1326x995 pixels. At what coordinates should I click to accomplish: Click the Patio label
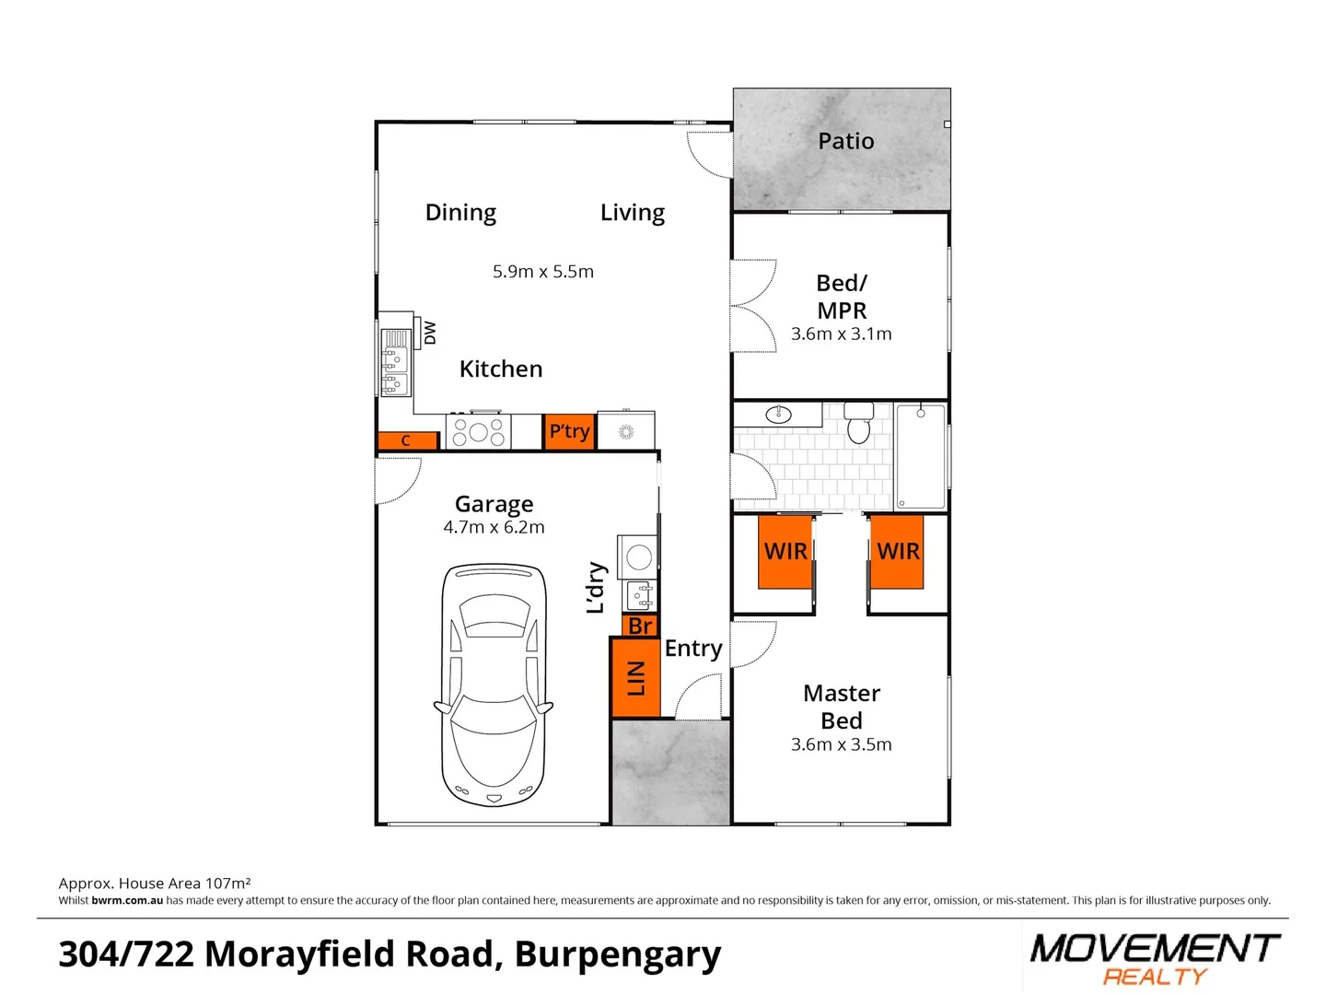tap(845, 141)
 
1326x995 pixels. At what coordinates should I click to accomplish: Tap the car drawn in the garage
tap(494, 686)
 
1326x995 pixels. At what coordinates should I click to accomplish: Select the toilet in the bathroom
tap(858, 423)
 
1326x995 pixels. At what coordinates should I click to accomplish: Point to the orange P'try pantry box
tap(569, 431)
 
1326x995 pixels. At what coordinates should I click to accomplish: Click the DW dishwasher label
tap(429, 333)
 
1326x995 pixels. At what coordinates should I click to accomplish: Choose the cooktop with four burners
tap(478, 431)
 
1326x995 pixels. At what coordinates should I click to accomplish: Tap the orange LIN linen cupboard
tap(635, 677)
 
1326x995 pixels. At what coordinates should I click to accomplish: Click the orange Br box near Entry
tap(641, 626)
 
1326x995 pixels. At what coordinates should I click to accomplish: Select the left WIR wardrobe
tap(785, 551)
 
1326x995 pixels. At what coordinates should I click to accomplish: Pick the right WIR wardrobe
tap(898, 551)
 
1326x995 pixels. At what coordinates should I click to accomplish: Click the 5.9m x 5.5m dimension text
tap(543, 272)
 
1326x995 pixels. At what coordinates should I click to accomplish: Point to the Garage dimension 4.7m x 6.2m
tap(494, 528)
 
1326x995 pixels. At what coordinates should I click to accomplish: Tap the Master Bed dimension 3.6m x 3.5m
tap(841, 744)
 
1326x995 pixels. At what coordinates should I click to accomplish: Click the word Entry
tap(693, 649)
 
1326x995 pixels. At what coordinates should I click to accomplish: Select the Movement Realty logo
tap(1155, 958)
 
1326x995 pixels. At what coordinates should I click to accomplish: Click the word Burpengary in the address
tap(618, 954)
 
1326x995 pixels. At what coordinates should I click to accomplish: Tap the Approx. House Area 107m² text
tap(155, 883)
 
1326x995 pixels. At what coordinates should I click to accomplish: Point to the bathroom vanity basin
tap(779, 414)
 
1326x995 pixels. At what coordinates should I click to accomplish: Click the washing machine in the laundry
tap(639, 556)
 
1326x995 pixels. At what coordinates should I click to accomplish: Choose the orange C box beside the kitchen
tap(406, 441)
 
